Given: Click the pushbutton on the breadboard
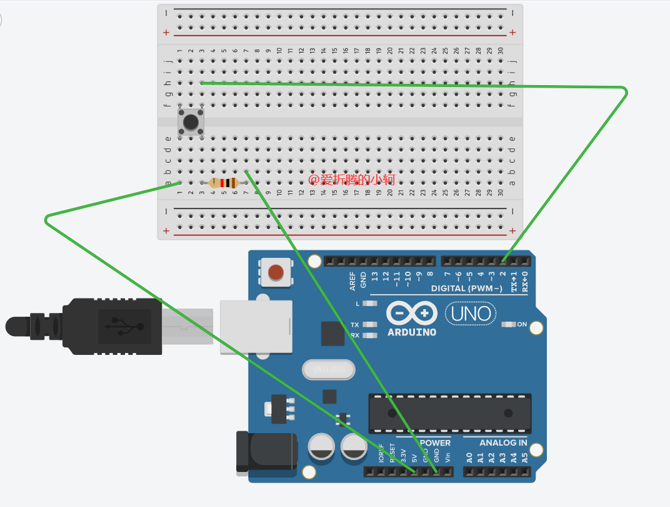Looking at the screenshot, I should click(191, 122).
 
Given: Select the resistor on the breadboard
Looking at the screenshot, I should click(224, 183).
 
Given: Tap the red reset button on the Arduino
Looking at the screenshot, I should click(276, 272).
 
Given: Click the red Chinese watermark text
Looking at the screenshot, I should click(352, 180).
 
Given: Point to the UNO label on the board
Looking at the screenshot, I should click(471, 313).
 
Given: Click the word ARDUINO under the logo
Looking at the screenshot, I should click(411, 332).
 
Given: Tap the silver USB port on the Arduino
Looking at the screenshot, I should click(256, 327).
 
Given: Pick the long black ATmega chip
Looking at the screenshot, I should click(449, 413).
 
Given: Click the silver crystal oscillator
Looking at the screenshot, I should click(328, 370).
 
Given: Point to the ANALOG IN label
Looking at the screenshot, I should click(503, 443).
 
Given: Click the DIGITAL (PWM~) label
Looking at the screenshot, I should click(466, 289).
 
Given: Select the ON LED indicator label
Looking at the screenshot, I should click(521, 324).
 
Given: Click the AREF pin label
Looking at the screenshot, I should click(352, 280).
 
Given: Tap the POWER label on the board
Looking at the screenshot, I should click(435, 443).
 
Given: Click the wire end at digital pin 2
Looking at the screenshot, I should click(504, 260).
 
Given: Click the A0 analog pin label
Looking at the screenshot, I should click(469, 457).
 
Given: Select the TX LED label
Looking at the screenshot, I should click(355, 325).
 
